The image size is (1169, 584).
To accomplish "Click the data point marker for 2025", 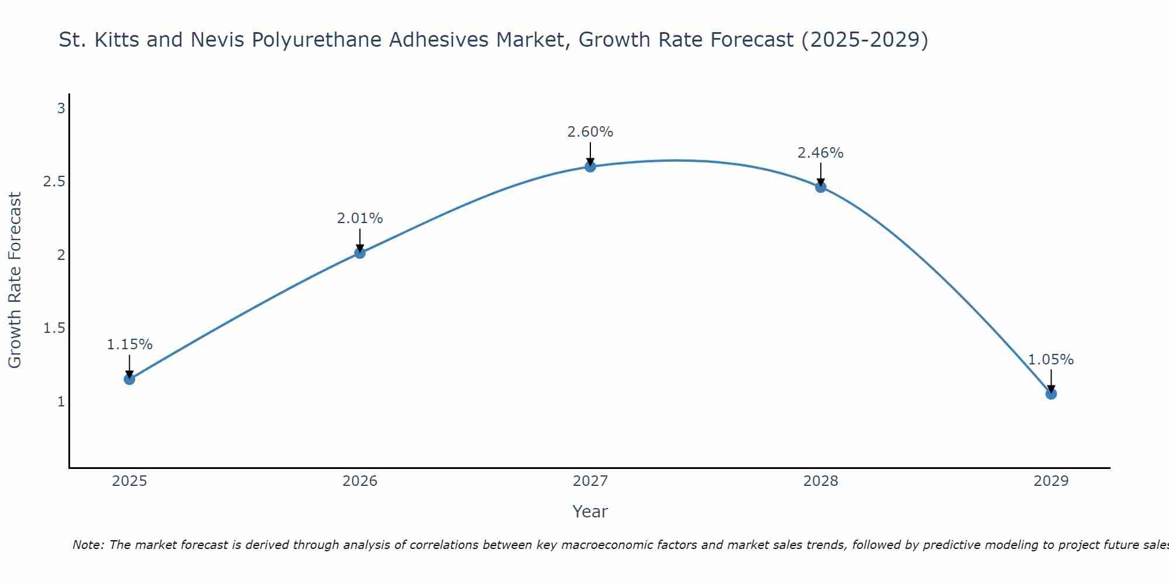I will click(129, 379).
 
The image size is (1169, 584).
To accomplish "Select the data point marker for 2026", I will click(359, 253).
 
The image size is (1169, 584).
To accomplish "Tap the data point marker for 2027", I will click(590, 166).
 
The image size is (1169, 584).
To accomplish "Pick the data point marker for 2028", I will click(821, 187).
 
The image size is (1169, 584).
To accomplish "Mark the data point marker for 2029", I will click(1051, 394).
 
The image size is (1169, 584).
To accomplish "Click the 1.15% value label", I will click(129, 345).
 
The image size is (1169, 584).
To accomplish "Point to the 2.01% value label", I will click(359, 218).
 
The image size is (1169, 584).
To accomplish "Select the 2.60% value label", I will click(590, 132).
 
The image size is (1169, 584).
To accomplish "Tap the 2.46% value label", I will click(821, 153).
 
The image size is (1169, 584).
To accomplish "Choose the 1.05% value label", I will click(1051, 360).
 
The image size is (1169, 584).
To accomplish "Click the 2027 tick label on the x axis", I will click(590, 481).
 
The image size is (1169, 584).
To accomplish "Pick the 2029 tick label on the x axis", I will click(1051, 481).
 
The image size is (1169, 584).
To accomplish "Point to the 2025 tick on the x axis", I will click(129, 481).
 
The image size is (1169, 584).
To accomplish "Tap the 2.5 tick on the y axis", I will click(54, 182).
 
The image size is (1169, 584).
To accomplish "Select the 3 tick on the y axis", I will click(61, 108).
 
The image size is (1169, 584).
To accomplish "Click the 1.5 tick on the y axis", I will click(54, 328).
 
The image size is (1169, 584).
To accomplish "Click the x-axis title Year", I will click(590, 512).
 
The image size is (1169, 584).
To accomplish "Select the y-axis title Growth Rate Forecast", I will click(15, 280).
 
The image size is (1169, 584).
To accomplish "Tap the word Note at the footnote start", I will click(88, 545).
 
